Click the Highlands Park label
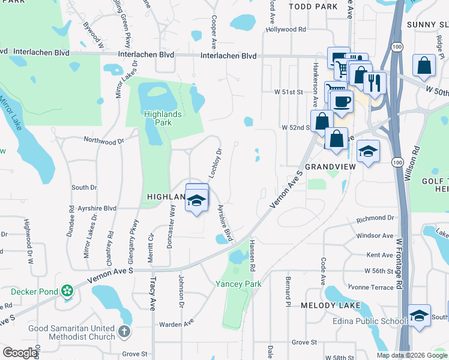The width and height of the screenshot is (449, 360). click(x=157, y=118)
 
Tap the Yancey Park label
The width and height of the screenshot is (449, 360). click(x=239, y=283)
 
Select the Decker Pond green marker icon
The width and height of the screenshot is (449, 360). click(x=67, y=292)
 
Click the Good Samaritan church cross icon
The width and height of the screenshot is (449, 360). click(x=123, y=331)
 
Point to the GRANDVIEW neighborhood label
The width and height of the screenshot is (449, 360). click(x=330, y=166)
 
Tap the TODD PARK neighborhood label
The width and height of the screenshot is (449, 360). click(x=313, y=7)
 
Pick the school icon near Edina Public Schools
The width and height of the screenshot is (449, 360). click(x=419, y=315)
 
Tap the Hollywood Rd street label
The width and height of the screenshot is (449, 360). click(x=286, y=29)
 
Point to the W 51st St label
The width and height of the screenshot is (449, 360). click(x=289, y=92)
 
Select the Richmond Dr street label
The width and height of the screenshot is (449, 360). click(x=375, y=218)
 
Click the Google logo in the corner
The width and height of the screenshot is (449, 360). click(x=20, y=352)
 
